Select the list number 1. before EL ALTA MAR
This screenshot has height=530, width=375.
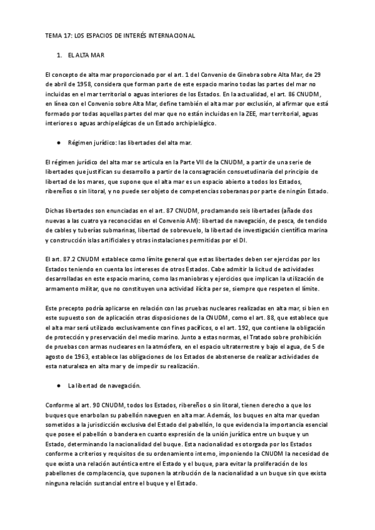[59, 56]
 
